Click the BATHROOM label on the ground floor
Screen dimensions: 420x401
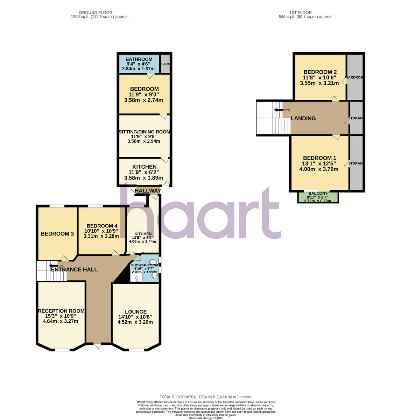(x=139, y=59)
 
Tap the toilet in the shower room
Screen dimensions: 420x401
(x=153, y=262)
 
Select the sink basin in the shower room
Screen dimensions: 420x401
(x=155, y=276)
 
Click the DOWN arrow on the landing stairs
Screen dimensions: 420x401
(x=278, y=110)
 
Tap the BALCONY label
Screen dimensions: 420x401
(x=317, y=194)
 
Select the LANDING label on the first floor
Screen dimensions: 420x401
(x=303, y=118)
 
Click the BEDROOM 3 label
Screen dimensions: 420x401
(x=57, y=234)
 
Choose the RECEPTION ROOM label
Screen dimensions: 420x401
(x=61, y=311)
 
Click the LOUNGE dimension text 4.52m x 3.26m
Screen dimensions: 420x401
(x=135, y=322)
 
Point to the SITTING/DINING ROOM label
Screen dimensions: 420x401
(x=144, y=132)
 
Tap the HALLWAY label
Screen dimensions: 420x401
(x=148, y=191)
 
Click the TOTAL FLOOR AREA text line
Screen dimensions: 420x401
(x=206, y=397)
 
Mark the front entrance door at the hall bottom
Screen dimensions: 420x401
(x=98, y=346)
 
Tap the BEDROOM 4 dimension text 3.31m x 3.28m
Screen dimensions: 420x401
(x=100, y=236)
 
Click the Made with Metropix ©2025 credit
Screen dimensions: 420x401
(x=206, y=418)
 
